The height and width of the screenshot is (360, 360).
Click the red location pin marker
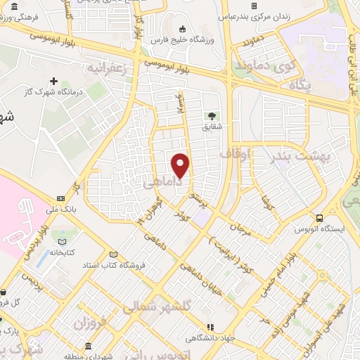click(181, 165)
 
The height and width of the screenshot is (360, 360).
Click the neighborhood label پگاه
click(301, 85)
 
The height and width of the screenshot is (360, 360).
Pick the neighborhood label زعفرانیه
click(105, 68)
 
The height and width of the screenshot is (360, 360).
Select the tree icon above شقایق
click(210, 116)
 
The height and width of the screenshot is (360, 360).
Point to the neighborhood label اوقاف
click(235, 153)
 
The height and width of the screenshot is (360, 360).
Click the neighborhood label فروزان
click(91, 323)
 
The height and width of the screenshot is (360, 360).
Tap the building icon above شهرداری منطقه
click(87, 347)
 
